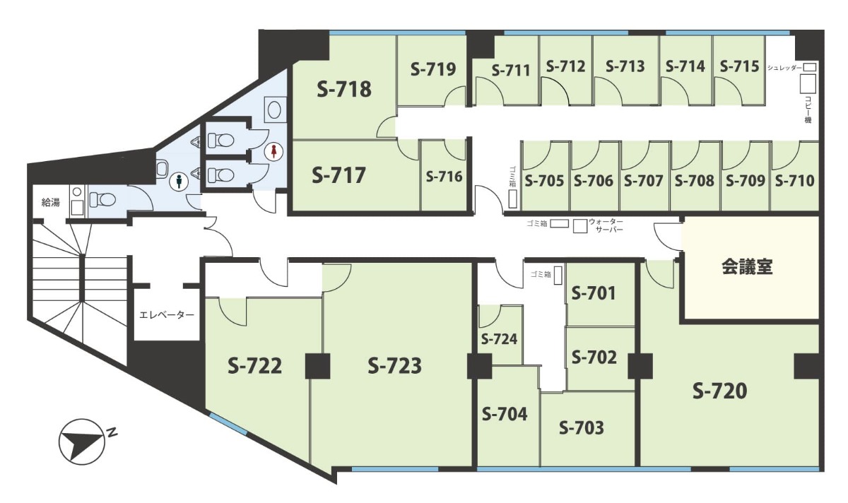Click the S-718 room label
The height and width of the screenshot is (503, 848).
click(x=344, y=90)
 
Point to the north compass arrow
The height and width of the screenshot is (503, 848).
click(x=81, y=442)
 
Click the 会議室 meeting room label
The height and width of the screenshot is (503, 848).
click(x=748, y=266)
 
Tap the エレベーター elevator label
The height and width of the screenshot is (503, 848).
click(x=167, y=314)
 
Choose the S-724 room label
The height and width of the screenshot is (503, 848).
click(x=499, y=339)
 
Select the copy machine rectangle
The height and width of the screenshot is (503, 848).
click(x=807, y=83)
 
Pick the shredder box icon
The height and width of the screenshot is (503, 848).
click(x=810, y=67)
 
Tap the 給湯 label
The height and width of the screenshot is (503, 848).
click(x=50, y=203)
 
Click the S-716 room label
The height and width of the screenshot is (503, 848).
click(x=444, y=177)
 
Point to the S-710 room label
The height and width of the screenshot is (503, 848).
click(x=794, y=181)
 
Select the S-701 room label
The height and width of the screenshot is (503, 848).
click(x=594, y=293)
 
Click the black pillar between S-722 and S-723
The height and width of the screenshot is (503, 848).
click(x=317, y=366)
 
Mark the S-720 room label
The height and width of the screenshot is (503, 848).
click(x=719, y=391)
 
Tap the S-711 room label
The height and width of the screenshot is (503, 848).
click(x=511, y=71)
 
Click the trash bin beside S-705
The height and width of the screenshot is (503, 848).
click(x=512, y=199)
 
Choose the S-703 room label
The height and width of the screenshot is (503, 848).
click(x=582, y=428)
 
